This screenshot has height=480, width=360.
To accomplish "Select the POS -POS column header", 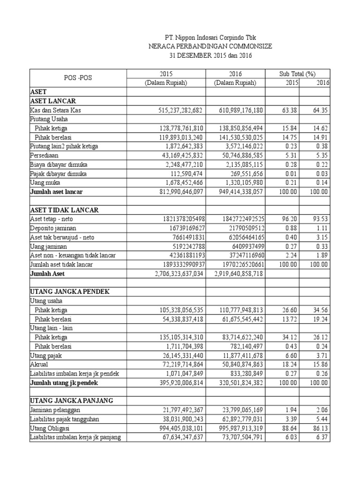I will tap(78, 78).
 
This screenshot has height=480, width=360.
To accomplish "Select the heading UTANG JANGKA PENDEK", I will tap(70, 292).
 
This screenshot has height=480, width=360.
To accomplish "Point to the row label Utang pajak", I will tap(45, 355).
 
